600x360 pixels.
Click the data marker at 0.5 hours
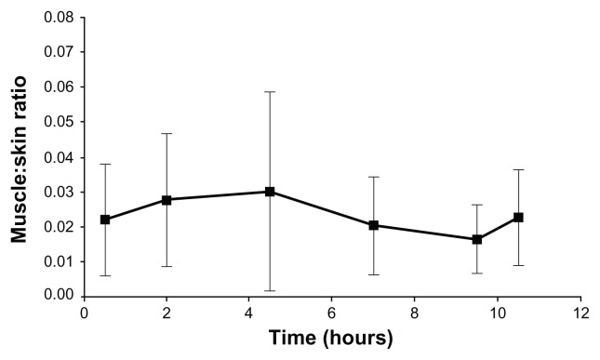tap(105, 220)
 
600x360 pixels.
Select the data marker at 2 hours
tap(167, 199)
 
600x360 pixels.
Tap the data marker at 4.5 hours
tap(270, 192)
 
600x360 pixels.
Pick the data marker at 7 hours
tap(373, 225)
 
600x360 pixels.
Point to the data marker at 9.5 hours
tap(477, 239)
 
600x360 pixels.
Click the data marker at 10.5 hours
tap(518, 217)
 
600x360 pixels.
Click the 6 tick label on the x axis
tap(332, 313)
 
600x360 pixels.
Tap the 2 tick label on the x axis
tap(167, 313)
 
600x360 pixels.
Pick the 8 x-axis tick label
tap(415, 313)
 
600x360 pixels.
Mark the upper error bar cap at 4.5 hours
tap(270, 92)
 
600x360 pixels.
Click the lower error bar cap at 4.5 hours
tap(270, 290)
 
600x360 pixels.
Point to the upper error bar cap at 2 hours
tap(167, 134)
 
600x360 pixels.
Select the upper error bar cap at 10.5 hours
tap(518, 170)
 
